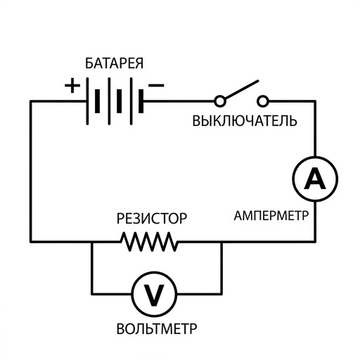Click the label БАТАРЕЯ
click(x=114, y=63)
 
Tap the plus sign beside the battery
click(x=72, y=85)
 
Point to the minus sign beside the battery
click(x=156, y=85)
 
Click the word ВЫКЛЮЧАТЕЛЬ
click(x=245, y=121)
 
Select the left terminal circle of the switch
click(x=220, y=101)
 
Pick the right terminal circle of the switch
click(x=263, y=101)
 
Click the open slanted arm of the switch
click(x=241, y=89)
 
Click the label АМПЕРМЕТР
click(x=271, y=215)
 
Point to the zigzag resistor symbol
click(x=149, y=242)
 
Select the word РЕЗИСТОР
click(x=152, y=219)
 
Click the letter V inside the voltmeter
click(x=154, y=295)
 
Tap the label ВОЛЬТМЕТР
click(x=157, y=328)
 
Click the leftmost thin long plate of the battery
click(x=87, y=101)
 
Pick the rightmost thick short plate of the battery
click(x=141, y=101)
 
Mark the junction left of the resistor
click(x=92, y=242)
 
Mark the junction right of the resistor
click(x=221, y=242)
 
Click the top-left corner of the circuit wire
click(x=31, y=101)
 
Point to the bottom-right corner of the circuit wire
click(x=315, y=241)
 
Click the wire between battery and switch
click(x=179, y=101)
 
